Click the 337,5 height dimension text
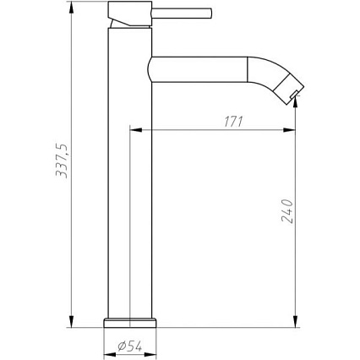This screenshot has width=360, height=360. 62,161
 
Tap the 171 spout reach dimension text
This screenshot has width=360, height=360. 233,122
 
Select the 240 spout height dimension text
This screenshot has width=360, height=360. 287,211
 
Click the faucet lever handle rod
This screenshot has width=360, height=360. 182,14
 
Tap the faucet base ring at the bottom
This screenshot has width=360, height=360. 130,323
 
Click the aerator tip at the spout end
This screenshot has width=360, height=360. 294,94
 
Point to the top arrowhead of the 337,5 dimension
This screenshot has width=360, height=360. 71,8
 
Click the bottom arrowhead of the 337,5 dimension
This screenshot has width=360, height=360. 71,321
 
